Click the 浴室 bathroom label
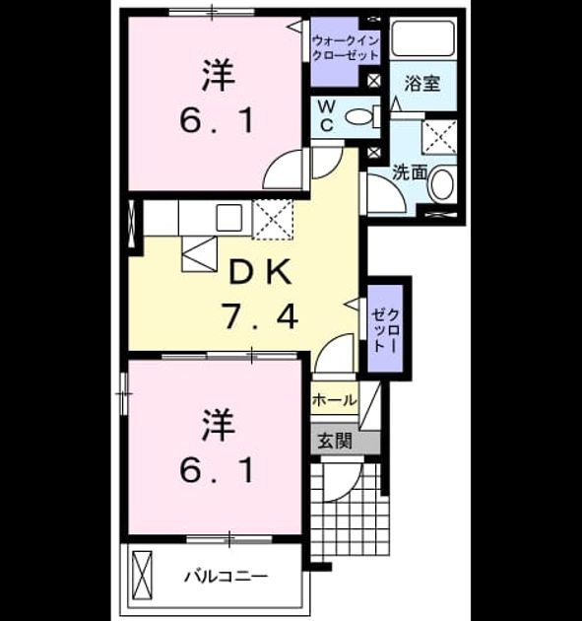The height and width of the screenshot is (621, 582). [x=422, y=84]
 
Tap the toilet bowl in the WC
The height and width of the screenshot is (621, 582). [x=359, y=116]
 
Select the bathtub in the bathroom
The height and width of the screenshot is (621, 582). [x=423, y=37]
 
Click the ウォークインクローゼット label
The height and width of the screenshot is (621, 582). [x=346, y=47]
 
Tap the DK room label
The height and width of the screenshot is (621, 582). [x=261, y=272]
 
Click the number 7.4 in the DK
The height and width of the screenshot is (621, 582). [x=260, y=316]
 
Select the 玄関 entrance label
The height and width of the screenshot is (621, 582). [x=335, y=441]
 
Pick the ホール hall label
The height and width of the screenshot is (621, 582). [x=334, y=400]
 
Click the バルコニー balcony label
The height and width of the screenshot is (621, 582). [x=226, y=576]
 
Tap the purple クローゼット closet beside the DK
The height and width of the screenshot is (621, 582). [x=385, y=328]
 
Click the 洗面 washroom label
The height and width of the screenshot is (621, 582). [x=410, y=172]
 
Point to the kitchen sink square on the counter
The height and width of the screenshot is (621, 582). [x=228, y=218]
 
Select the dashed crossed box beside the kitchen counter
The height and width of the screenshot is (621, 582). [x=273, y=220]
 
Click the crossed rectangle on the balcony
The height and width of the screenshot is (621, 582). [x=142, y=576]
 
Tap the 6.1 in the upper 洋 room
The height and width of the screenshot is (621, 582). [x=217, y=121]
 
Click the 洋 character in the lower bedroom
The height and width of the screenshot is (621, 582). [x=219, y=426]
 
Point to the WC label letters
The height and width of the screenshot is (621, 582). [x=327, y=115]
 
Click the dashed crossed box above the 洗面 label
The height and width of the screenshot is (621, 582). [x=439, y=137]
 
